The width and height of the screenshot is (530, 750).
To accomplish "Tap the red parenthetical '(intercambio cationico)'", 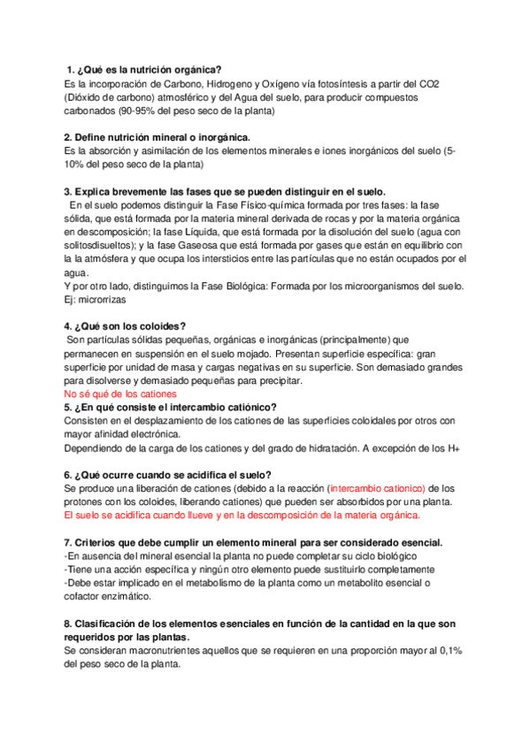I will (377, 487).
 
